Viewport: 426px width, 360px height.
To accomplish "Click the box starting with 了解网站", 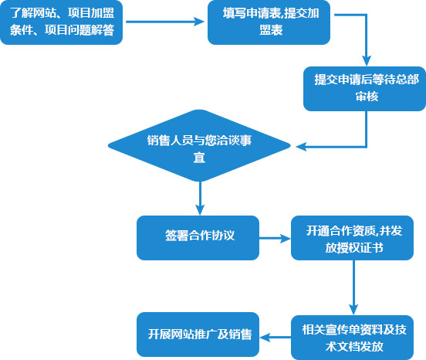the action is click(x=62, y=22).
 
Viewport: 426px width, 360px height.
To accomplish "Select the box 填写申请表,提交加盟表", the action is click(x=269, y=22).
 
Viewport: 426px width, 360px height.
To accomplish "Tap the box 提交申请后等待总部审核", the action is click(x=364, y=89).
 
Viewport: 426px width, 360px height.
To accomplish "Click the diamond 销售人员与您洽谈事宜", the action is click(x=199, y=146).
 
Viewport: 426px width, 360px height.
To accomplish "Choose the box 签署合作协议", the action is click(x=198, y=238).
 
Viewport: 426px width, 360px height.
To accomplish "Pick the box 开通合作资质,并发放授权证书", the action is click(x=352, y=238).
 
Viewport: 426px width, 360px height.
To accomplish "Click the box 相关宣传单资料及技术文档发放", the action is click(x=352, y=338).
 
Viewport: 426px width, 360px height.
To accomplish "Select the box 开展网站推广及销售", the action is click(x=198, y=335).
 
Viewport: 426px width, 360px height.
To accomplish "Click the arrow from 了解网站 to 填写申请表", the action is click(x=165, y=22).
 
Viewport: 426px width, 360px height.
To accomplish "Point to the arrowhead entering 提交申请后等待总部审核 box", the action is click(x=367, y=61).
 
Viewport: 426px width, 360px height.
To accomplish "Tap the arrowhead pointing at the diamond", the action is click(x=301, y=147).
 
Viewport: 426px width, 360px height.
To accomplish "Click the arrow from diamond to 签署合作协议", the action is click(x=200, y=199).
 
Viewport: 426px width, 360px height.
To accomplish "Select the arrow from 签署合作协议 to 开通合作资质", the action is click(x=275, y=239).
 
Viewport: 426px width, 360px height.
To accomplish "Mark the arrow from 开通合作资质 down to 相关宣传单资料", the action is click(x=353, y=287).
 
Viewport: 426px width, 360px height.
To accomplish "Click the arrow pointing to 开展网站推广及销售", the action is click(x=275, y=338).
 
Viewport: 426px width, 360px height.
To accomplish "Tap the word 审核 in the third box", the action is click(x=367, y=97).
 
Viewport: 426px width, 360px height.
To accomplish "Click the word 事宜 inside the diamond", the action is click(x=199, y=158).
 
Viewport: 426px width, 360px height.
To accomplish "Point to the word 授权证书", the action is click(x=360, y=248).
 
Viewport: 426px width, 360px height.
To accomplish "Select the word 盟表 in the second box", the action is click(x=271, y=30).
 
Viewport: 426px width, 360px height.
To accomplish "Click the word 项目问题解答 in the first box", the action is click(x=79, y=30).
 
